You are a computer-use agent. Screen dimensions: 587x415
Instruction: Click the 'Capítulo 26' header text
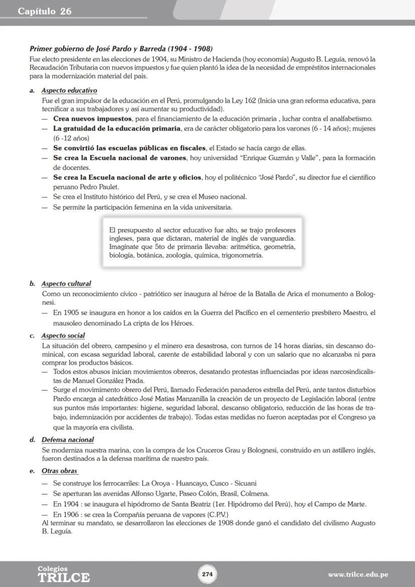point(45,11)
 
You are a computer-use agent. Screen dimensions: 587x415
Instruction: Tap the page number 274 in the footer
point(207,574)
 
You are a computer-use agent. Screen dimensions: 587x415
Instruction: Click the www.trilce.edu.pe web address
point(358,574)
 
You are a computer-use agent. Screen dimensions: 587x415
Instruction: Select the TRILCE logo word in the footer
point(64,577)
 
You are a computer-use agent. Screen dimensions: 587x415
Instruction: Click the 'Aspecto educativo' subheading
point(69,91)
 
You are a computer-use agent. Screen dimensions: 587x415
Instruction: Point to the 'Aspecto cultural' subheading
point(66,284)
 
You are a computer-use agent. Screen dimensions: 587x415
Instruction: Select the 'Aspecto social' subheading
point(63,335)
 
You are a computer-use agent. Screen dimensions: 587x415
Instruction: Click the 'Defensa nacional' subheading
point(68,440)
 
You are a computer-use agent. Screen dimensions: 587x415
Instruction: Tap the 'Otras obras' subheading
point(60,471)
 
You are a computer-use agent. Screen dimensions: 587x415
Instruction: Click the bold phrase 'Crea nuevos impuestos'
point(93,119)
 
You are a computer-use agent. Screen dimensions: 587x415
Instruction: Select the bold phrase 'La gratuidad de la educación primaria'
point(117,129)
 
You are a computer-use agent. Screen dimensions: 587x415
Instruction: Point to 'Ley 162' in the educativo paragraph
point(243,101)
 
